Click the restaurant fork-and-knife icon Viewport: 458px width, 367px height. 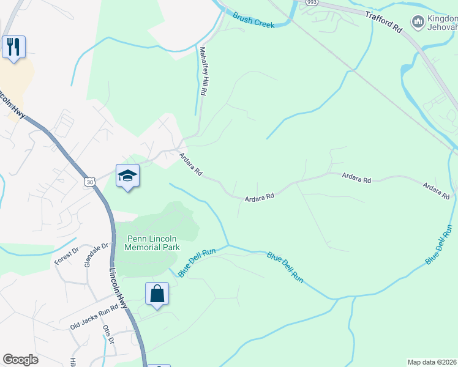[x=13, y=47]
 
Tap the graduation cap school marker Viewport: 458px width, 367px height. [x=127, y=176]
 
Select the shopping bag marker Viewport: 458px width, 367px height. [x=157, y=294]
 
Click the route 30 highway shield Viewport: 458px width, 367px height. [x=91, y=182]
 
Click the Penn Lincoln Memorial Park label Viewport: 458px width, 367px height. [x=152, y=243]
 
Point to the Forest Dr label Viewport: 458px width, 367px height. [x=67, y=255]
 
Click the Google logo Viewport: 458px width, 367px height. [x=20, y=360]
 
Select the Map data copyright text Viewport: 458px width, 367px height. [x=432, y=362]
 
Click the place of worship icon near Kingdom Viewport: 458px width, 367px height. [x=418, y=23]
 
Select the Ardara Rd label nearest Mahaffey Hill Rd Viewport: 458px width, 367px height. [x=190, y=165]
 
